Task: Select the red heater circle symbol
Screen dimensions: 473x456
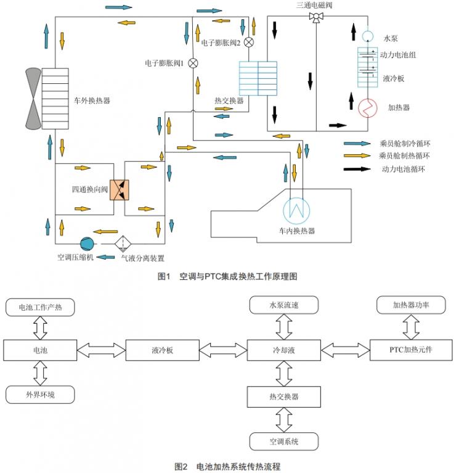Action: (367, 107)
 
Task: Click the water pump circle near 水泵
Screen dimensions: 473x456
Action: (367, 36)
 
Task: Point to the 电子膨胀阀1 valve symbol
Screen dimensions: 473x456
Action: (193, 63)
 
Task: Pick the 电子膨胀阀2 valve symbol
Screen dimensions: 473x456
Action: (249, 43)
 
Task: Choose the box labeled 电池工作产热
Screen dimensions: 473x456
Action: (41, 306)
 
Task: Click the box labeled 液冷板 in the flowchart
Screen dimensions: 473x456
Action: (163, 350)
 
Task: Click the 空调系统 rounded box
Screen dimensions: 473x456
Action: (283, 442)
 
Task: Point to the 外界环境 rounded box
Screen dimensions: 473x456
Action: (41, 393)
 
